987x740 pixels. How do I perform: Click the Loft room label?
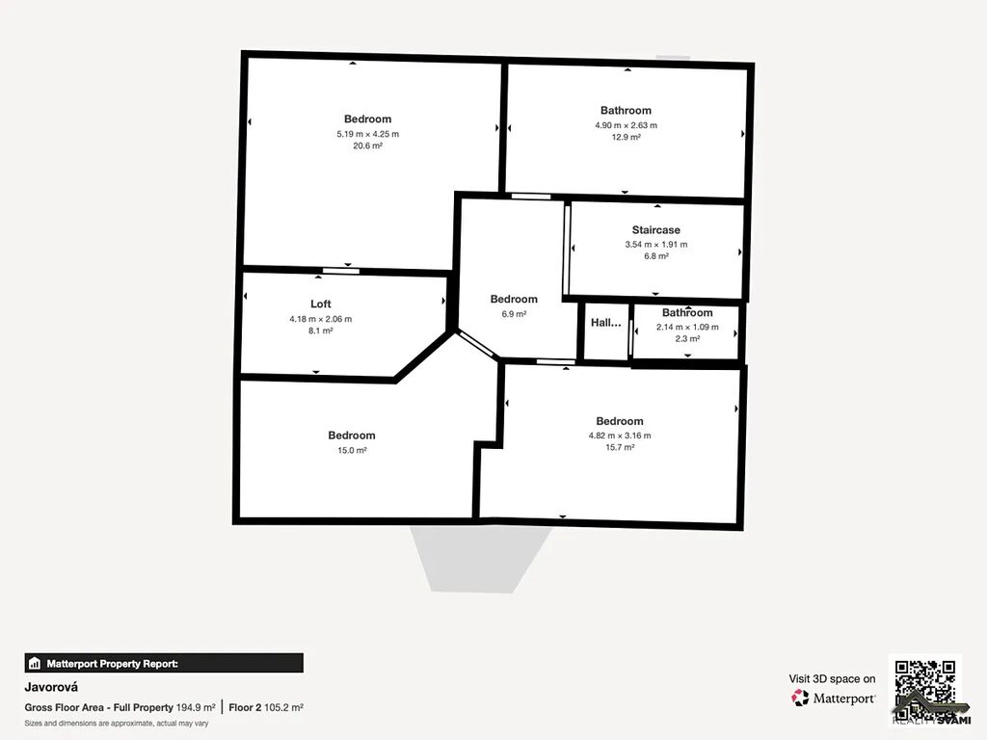(x=320, y=304)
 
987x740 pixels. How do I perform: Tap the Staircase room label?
(x=655, y=230)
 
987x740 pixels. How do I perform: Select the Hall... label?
(x=605, y=323)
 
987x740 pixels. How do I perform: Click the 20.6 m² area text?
(x=367, y=146)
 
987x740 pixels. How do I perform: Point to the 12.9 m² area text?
(x=627, y=137)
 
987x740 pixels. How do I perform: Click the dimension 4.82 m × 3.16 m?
(x=620, y=436)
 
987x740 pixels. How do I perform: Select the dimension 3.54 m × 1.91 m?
(x=655, y=245)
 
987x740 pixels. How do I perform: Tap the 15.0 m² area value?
(x=352, y=451)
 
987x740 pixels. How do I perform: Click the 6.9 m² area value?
(x=514, y=314)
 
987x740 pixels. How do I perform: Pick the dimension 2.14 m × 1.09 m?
(x=687, y=328)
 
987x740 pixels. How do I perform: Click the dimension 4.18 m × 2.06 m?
(x=320, y=319)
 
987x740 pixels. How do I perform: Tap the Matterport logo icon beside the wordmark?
(x=799, y=698)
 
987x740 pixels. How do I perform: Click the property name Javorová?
(x=51, y=687)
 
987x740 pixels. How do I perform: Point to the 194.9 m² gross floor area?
(x=195, y=707)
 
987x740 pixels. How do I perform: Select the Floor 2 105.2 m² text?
(x=266, y=707)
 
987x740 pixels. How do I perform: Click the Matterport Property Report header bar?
(x=164, y=663)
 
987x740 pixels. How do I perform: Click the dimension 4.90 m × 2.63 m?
(x=627, y=125)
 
